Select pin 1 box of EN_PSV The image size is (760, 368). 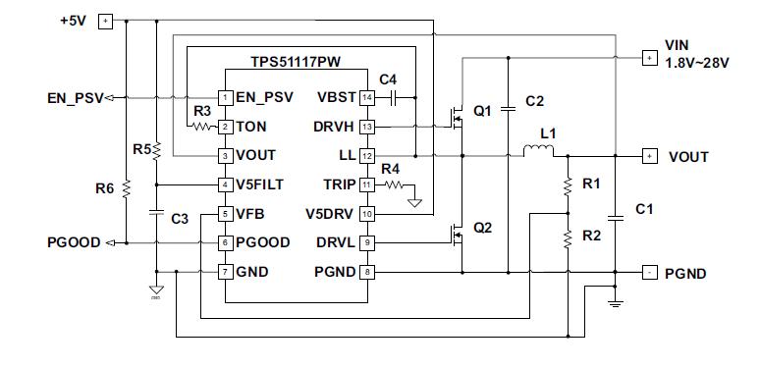(x=225, y=97)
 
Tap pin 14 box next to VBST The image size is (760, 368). (x=367, y=97)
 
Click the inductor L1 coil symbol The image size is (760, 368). (x=537, y=151)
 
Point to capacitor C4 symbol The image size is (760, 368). (x=393, y=97)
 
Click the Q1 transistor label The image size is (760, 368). (x=482, y=112)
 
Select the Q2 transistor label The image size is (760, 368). (x=482, y=228)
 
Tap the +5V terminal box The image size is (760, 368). (x=106, y=21)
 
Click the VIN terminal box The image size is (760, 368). (x=648, y=58)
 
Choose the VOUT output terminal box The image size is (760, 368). (x=648, y=156)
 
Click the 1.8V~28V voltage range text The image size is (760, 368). (x=699, y=64)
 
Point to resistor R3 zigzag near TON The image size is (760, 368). (x=202, y=127)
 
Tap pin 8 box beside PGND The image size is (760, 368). (x=367, y=272)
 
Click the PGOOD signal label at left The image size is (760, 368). (x=73, y=242)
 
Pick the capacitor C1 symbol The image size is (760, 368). (x=615, y=215)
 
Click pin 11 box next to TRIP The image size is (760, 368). (x=367, y=184)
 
